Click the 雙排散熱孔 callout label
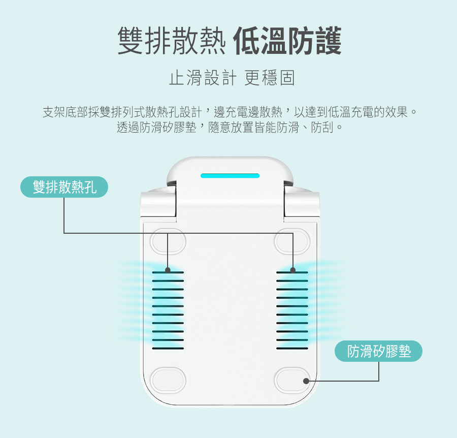point(64,187)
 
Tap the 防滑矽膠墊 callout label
point(379,351)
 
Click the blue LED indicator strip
point(230,176)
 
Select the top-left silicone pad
point(168,241)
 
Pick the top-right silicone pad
point(292,241)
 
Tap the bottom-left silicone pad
point(168,380)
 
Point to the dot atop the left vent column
point(168,269)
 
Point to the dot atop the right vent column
point(293,269)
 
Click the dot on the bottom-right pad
point(306,381)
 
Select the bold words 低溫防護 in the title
point(287,41)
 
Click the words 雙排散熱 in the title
point(171,41)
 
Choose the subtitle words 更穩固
point(269,78)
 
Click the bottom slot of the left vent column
point(168,349)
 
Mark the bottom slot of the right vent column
point(292,349)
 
